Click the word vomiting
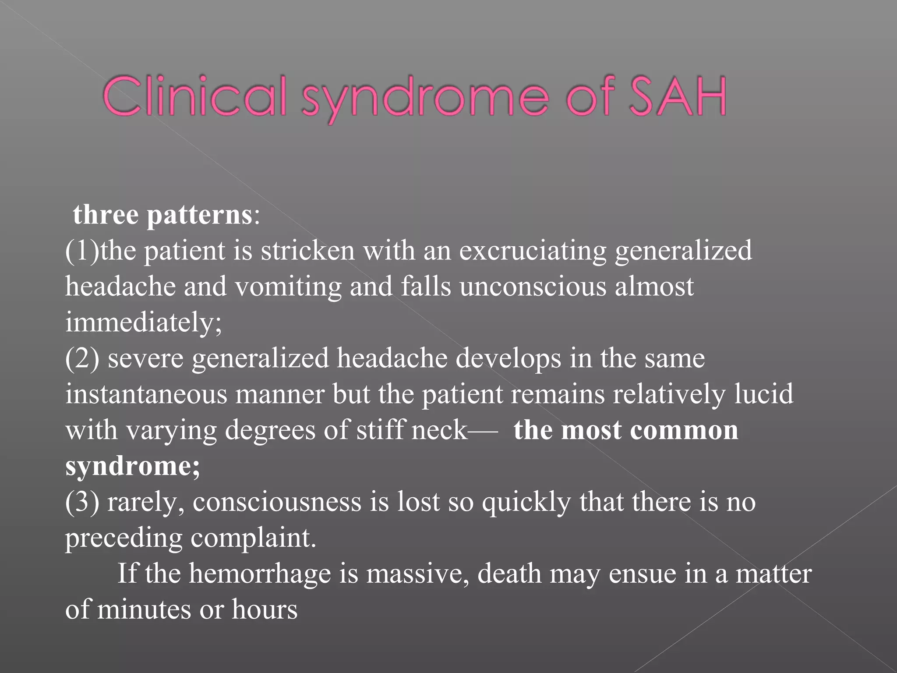[x=288, y=287]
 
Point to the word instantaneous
[x=146, y=394]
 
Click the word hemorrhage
[x=260, y=574]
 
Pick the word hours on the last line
[x=265, y=609]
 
